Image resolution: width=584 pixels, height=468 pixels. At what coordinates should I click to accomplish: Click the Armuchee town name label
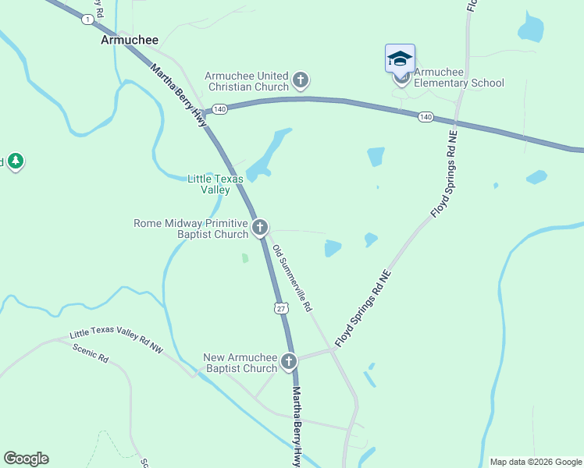(x=130, y=40)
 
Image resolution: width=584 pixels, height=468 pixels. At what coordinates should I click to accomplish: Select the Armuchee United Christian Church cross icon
(x=301, y=80)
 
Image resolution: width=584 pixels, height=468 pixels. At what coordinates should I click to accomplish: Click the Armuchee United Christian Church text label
(x=247, y=81)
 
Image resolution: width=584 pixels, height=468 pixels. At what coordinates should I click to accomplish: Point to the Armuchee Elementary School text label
(x=459, y=78)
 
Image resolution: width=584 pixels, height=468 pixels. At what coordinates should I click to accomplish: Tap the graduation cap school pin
(x=400, y=58)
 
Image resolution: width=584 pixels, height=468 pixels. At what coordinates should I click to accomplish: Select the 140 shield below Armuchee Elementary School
(x=425, y=117)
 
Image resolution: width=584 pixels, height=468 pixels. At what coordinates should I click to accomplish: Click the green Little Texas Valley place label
(x=215, y=184)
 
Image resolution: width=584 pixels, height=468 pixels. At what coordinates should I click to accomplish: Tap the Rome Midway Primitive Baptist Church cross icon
(x=260, y=228)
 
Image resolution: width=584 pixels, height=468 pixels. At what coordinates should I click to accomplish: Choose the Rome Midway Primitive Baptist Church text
(x=191, y=229)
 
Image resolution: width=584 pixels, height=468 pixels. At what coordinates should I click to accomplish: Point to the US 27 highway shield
(x=281, y=309)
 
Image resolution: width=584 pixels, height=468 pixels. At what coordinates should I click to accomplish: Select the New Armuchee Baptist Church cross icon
(x=289, y=361)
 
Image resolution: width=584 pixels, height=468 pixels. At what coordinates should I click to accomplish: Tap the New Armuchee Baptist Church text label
(x=240, y=363)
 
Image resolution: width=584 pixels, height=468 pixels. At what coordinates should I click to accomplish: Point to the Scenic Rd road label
(x=90, y=353)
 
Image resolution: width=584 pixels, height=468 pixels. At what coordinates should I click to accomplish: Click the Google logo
(x=26, y=459)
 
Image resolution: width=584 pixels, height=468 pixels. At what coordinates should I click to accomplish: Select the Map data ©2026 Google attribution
(x=536, y=462)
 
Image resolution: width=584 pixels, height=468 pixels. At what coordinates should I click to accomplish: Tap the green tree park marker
(x=15, y=161)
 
